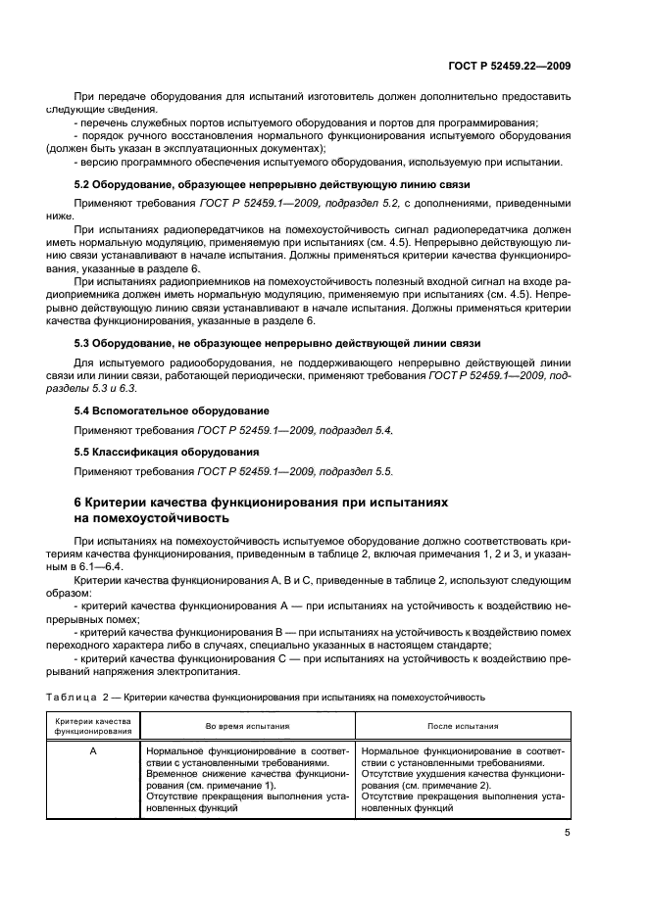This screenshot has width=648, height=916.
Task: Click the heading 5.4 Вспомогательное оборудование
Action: click(x=173, y=410)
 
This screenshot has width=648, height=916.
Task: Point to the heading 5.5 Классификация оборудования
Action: click(x=167, y=452)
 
